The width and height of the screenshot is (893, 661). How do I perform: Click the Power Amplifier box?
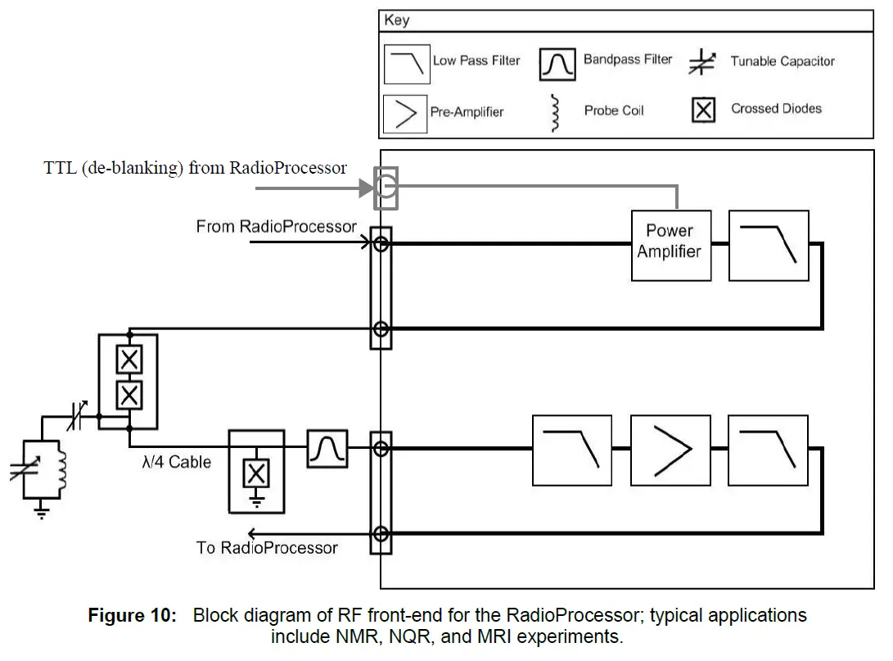(669, 242)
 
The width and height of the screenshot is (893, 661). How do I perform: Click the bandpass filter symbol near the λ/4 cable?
(327, 449)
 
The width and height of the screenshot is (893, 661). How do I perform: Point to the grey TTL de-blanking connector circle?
(386, 189)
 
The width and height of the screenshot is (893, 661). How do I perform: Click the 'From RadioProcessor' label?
(276, 226)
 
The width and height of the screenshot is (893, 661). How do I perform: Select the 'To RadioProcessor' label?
(267, 548)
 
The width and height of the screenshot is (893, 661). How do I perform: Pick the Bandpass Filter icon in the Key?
(557, 63)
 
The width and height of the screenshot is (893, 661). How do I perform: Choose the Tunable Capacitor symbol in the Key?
(701, 62)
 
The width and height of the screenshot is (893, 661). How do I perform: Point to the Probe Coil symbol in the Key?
(556, 112)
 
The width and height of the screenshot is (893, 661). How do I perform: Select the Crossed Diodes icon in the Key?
(703, 110)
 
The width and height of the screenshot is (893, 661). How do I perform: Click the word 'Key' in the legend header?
(397, 20)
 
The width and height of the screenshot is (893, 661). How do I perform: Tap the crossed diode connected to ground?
(257, 473)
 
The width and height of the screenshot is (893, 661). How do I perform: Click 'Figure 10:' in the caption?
(132, 616)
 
